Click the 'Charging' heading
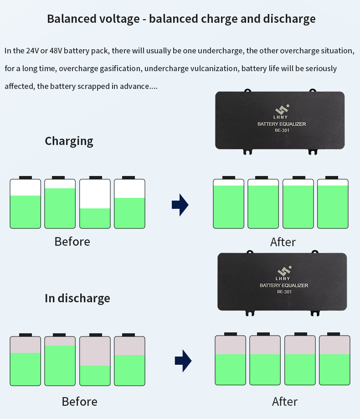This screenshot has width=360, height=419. (x=69, y=141)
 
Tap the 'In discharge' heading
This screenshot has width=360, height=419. (x=77, y=298)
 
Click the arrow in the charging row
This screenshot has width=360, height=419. (x=180, y=205)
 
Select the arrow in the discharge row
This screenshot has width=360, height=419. (x=183, y=361)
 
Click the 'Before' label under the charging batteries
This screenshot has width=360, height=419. (x=72, y=242)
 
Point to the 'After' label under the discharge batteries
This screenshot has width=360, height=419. (x=285, y=402)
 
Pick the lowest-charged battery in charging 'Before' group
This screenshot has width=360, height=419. (x=95, y=202)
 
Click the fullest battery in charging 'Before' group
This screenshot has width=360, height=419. (x=60, y=202)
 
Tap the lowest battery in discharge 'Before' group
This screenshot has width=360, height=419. (x=95, y=360)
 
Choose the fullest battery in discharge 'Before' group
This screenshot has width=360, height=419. (x=60, y=360)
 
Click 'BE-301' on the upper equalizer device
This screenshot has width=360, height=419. (x=282, y=130)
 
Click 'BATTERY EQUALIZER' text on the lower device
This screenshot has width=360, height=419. (x=284, y=285)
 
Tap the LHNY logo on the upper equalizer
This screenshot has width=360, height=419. (x=281, y=112)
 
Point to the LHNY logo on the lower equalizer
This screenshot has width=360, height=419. (x=283, y=273)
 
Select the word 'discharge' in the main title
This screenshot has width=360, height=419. (x=289, y=19)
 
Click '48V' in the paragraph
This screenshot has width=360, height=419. (x=56, y=51)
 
